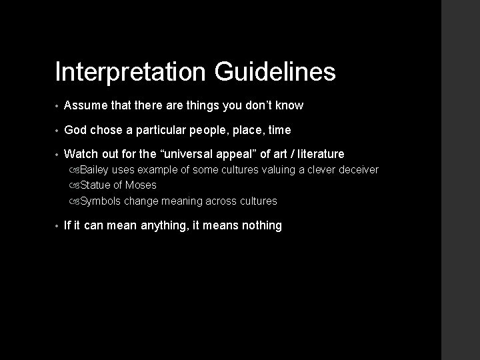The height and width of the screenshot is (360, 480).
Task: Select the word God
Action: (x=75, y=129)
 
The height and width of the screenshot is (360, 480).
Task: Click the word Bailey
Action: (x=95, y=170)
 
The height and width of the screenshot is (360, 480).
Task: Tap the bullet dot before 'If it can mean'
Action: (x=57, y=226)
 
